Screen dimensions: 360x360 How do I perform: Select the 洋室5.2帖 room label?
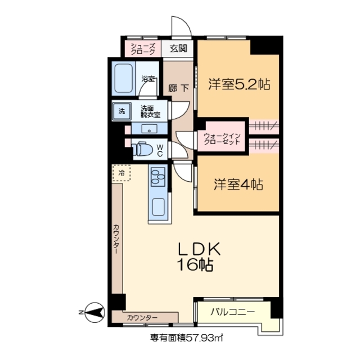[x=238, y=85]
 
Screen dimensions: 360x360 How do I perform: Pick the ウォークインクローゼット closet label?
[x=222, y=139]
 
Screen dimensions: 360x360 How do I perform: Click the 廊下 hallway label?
[x=179, y=88]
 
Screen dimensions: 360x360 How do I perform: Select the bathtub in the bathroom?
[x=123, y=79]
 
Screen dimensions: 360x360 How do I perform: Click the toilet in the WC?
[x=141, y=150]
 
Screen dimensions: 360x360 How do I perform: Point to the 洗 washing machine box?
[x=121, y=111]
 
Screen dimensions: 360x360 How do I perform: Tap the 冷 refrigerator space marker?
[x=121, y=173]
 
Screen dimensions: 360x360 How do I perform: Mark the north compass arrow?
[x=92, y=310]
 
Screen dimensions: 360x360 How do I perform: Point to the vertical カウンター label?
[x=116, y=240]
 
